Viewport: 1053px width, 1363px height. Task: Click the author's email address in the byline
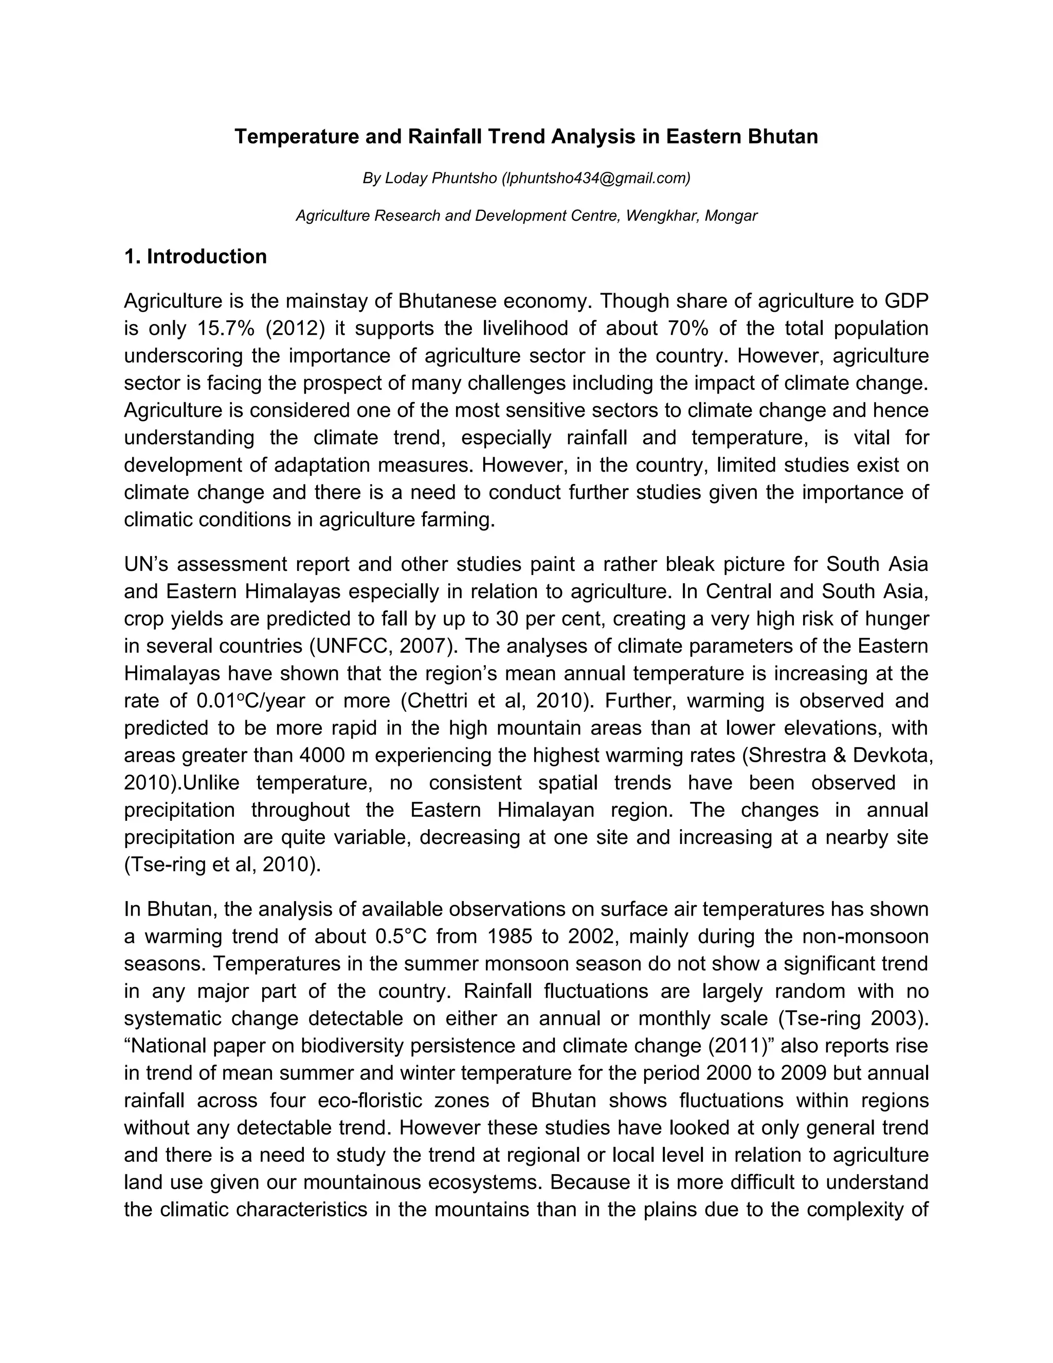click(596, 178)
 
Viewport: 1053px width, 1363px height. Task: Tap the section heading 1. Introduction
click(195, 257)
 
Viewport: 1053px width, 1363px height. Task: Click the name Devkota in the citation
click(892, 755)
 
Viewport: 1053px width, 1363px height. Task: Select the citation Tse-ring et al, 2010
click(222, 865)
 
